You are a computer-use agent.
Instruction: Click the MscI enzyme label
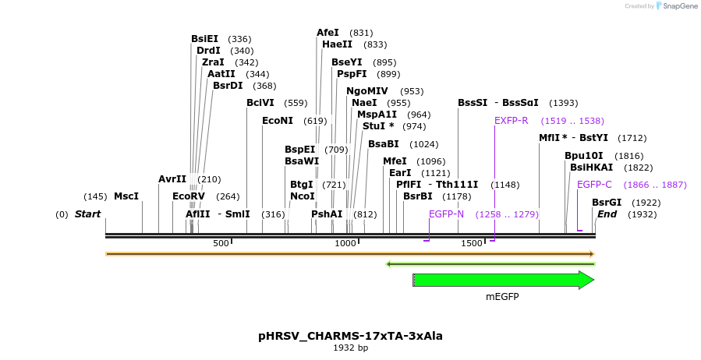point(126,196)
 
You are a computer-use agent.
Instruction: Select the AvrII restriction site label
point(172,179)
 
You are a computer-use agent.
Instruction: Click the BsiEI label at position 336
point(205,39)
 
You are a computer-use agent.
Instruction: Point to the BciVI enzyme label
point(260,103)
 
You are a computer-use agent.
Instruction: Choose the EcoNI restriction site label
point(278,121)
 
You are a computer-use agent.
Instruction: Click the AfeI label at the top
point(327,33)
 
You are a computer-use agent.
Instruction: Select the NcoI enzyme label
point(303,196)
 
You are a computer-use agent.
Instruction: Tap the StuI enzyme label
point(378,126)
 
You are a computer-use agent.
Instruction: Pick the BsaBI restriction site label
point(384,144)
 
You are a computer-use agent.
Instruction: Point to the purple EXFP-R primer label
point(512,121)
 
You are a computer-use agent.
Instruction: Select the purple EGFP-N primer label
point(446,214)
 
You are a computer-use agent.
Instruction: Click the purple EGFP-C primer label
point(594,185)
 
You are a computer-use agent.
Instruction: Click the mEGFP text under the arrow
point(502,297)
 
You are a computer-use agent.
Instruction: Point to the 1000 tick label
point(345,244)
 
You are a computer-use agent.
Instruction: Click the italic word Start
point(87,214)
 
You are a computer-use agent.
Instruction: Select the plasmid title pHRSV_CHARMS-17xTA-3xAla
point(350,336)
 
